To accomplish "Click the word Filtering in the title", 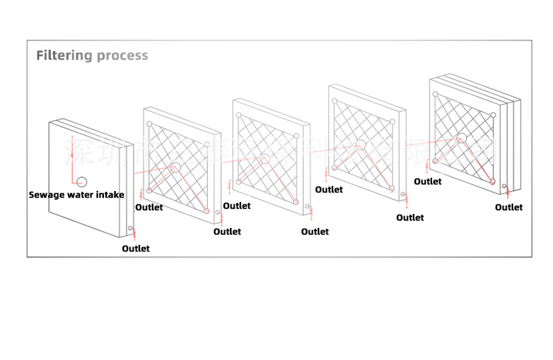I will pos(64,55).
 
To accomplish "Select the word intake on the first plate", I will pos(108,195).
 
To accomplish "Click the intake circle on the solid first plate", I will pos(82,181).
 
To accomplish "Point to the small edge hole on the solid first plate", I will pos(130,229).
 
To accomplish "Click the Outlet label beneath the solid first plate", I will pos(136,249).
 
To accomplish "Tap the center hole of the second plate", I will pos(175,168).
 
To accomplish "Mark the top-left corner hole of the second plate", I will pos(150,124).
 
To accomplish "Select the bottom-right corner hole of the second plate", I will pos(207,211).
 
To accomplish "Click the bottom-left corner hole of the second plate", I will pos(150,190).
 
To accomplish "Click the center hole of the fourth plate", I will pos(360,144).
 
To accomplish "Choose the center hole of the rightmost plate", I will pos(461,137).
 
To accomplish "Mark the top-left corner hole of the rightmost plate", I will pos(436,94).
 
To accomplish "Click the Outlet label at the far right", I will pos(509,207).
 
